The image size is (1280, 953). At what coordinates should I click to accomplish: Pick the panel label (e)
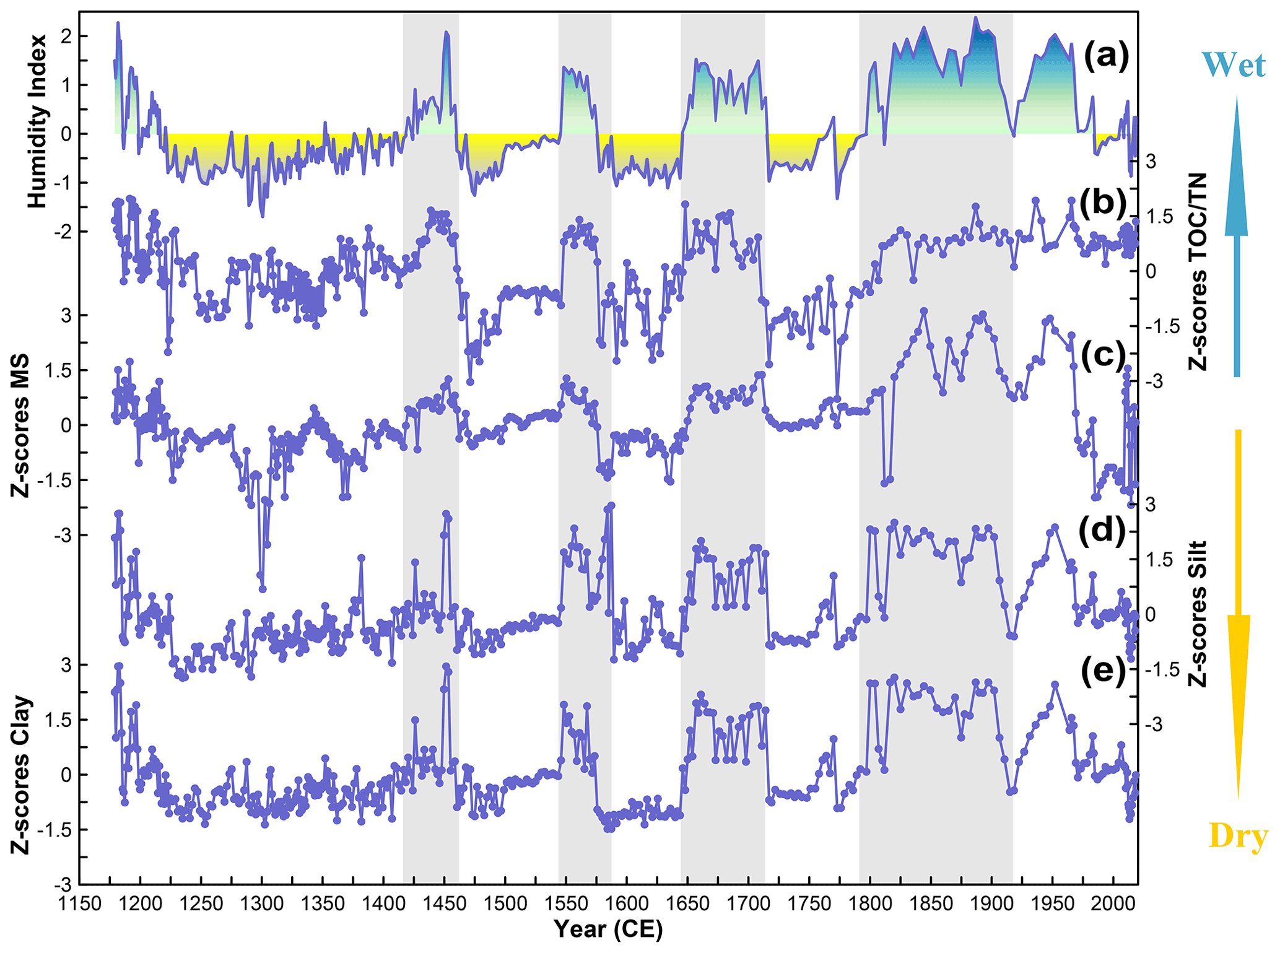coord(1103,672)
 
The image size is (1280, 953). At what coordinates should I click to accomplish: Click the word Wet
coord(1234,65)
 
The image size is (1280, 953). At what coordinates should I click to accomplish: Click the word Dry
coord(1238,837)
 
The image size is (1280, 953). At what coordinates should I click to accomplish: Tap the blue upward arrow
coord(1237,235)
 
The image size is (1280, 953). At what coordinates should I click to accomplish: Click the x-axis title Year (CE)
coord(608,929)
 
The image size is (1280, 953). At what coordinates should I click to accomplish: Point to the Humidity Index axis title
coord(37,121)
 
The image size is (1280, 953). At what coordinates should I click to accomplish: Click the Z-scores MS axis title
coord(20,425)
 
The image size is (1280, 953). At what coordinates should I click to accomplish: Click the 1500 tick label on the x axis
coord(505,905)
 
